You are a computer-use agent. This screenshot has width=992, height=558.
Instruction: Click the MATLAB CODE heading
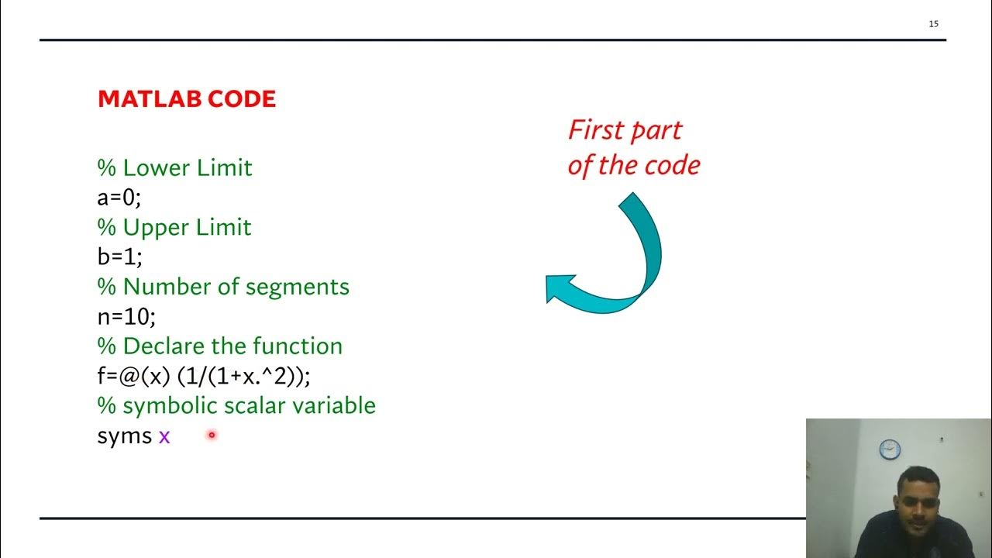187,99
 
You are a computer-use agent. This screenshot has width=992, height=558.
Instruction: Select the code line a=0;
119,198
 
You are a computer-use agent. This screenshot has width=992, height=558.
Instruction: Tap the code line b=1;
119,257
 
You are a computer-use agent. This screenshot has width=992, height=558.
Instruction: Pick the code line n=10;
126,316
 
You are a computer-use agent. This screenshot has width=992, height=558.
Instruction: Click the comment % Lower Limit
174,168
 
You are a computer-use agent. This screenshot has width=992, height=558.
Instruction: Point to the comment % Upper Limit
174,228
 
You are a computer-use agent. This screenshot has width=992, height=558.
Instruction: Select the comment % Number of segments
223,287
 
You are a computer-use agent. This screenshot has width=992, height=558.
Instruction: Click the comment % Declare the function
219,346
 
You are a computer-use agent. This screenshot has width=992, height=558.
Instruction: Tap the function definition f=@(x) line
203,376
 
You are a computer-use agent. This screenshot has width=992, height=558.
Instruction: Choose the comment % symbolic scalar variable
236,405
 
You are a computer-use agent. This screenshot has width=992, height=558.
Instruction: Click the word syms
124,436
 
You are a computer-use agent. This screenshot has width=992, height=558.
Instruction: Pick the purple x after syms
164,437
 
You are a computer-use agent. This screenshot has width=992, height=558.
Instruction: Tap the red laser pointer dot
211,435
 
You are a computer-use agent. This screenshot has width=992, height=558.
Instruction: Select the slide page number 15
933,24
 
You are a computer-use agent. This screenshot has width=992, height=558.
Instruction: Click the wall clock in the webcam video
890,448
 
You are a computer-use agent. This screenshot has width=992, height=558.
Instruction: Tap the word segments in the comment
297,287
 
